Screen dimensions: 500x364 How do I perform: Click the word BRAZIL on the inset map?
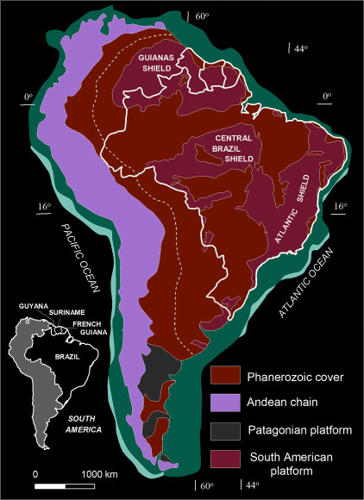click(x=52, y=353)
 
